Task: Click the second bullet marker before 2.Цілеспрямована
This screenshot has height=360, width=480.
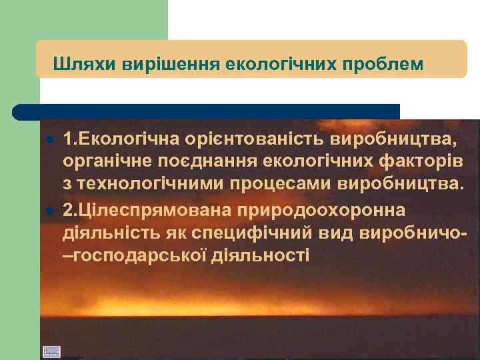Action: [49, 211]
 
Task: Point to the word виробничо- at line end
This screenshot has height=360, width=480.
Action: [412, 233]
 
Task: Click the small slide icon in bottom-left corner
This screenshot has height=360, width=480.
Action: [51, 351]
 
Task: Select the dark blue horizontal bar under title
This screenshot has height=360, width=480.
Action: [207, 111]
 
